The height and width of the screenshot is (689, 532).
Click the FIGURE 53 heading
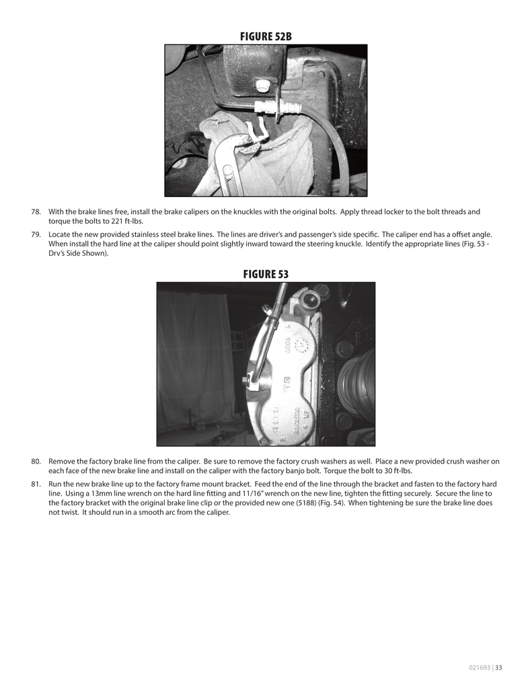tap(266, 274)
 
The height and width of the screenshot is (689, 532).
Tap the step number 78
tap(36, 212)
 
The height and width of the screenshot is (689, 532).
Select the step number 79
tap(36, 235)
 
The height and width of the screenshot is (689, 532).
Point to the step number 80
tap(36, 462)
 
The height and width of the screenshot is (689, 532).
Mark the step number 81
tap(36, 484)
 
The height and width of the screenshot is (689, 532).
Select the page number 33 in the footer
tap(499, 668)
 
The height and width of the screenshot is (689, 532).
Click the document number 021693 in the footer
tap(480, 668)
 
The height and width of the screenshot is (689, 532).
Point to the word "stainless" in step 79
tap(152, 235)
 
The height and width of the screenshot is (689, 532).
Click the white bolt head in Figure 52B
tap(264, 85)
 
